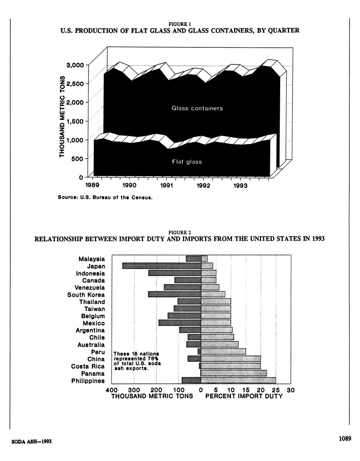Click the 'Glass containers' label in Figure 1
[x=197, y=109]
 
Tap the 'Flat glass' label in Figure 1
[x=187, y=162]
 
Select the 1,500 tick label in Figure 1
[x=75, y=121]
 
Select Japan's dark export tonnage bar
[x=162, y=266]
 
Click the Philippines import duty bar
[x=238, y=380]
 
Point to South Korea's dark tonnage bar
[x=175, y=294]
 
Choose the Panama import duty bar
[x=234, y=373]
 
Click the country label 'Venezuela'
[x=90, y=288]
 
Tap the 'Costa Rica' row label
[x=88, y=366]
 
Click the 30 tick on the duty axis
[x=291, y=390]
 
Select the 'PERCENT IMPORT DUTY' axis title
[x=244, y=397]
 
